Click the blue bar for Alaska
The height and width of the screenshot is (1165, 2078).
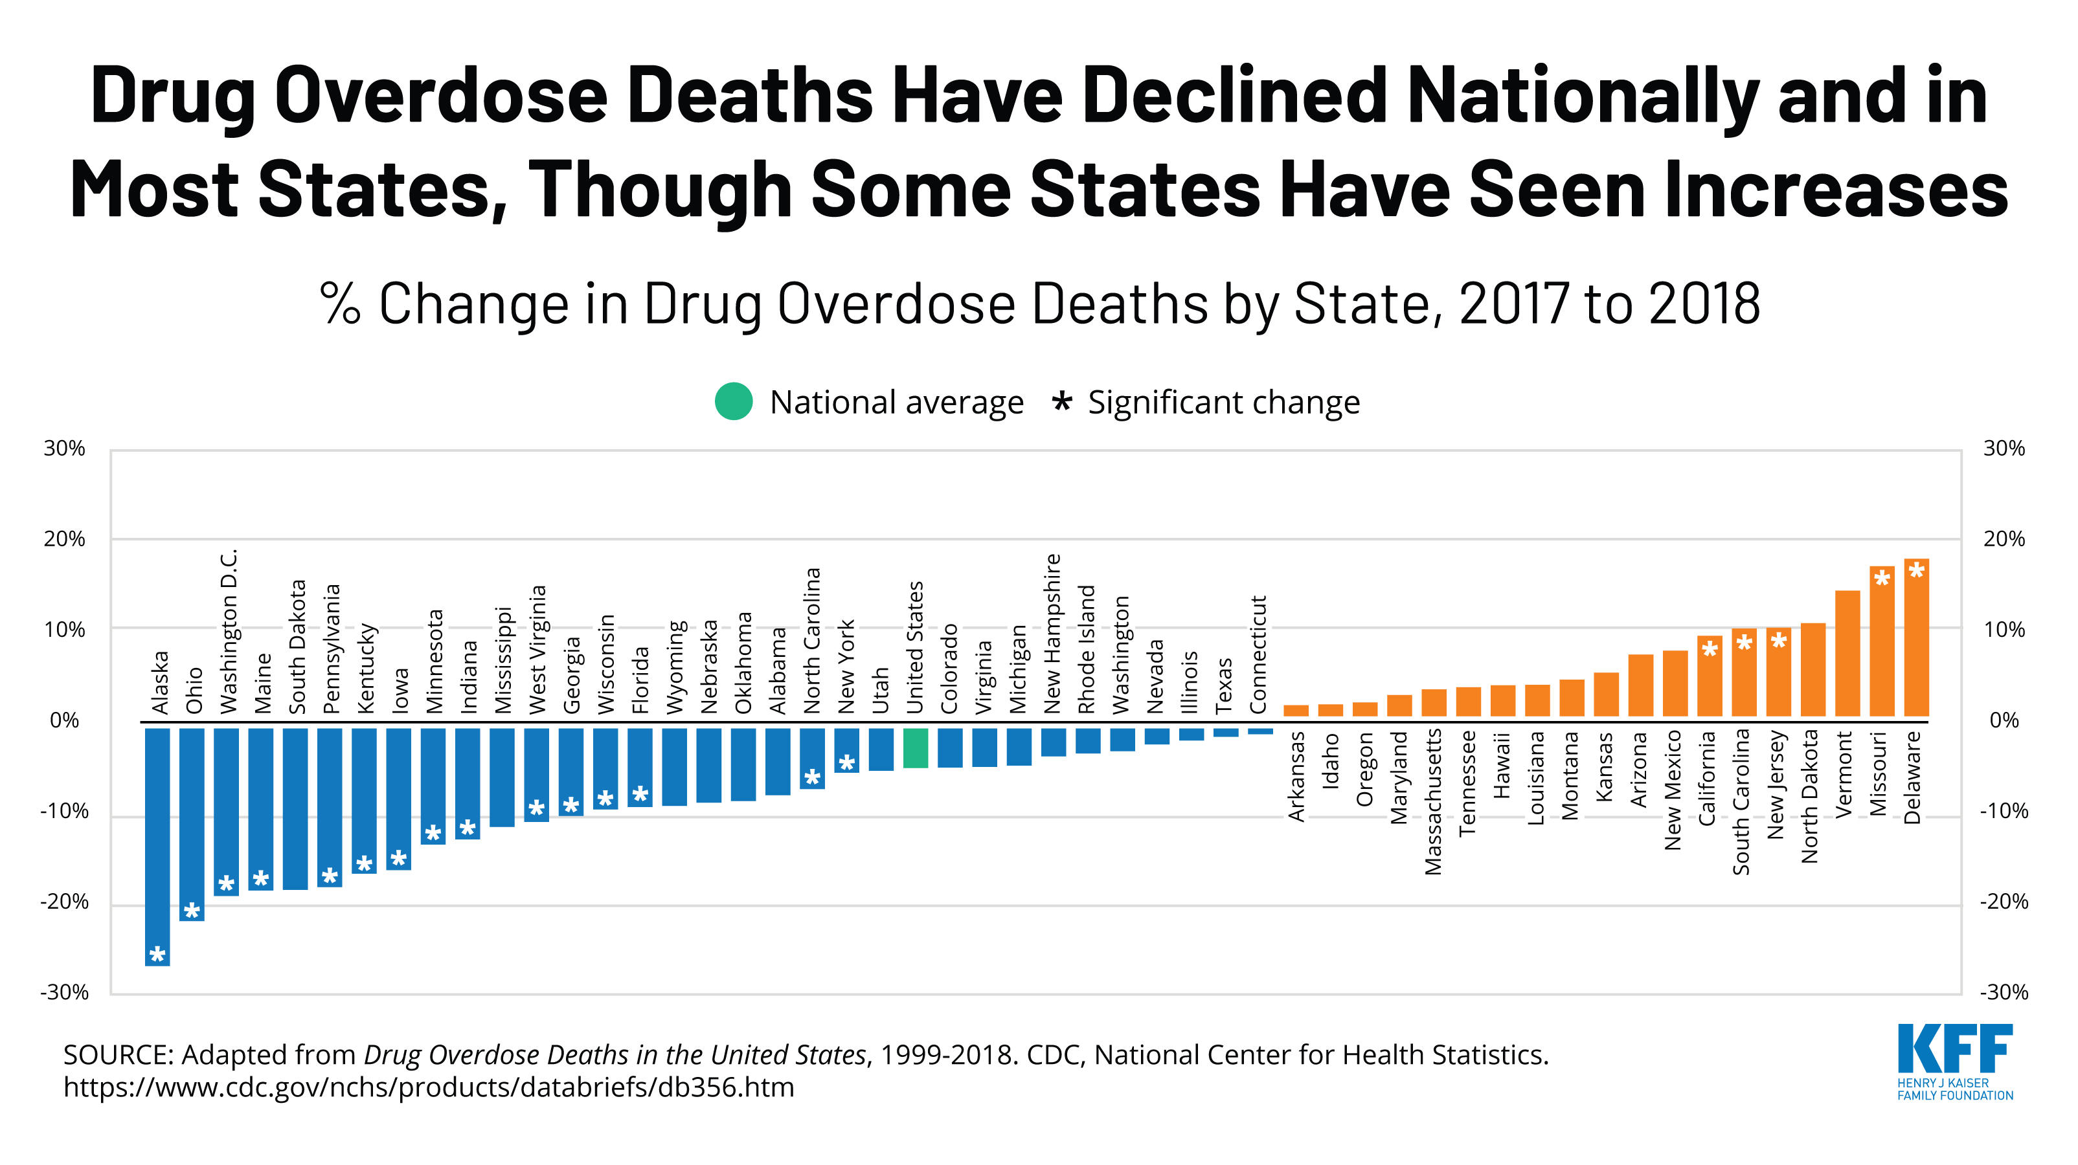pos(157,847)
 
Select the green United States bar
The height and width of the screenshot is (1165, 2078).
pos(915,748)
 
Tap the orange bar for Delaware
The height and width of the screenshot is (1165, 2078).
pos(1916,638)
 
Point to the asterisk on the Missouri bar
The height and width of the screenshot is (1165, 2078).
pos(1882,578)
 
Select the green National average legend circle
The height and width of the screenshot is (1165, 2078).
pos(733,401)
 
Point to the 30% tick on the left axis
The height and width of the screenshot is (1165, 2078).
pos(65,449)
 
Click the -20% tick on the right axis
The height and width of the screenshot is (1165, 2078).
pos(2004,902)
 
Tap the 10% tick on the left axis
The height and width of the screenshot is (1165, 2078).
pos(65,630)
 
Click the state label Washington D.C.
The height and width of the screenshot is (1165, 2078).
pos(229,631)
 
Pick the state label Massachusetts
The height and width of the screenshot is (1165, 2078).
pos(1432,801)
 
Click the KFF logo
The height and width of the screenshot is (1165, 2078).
pos(1954,1061)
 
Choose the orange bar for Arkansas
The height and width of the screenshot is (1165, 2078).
pos(1296,710)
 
